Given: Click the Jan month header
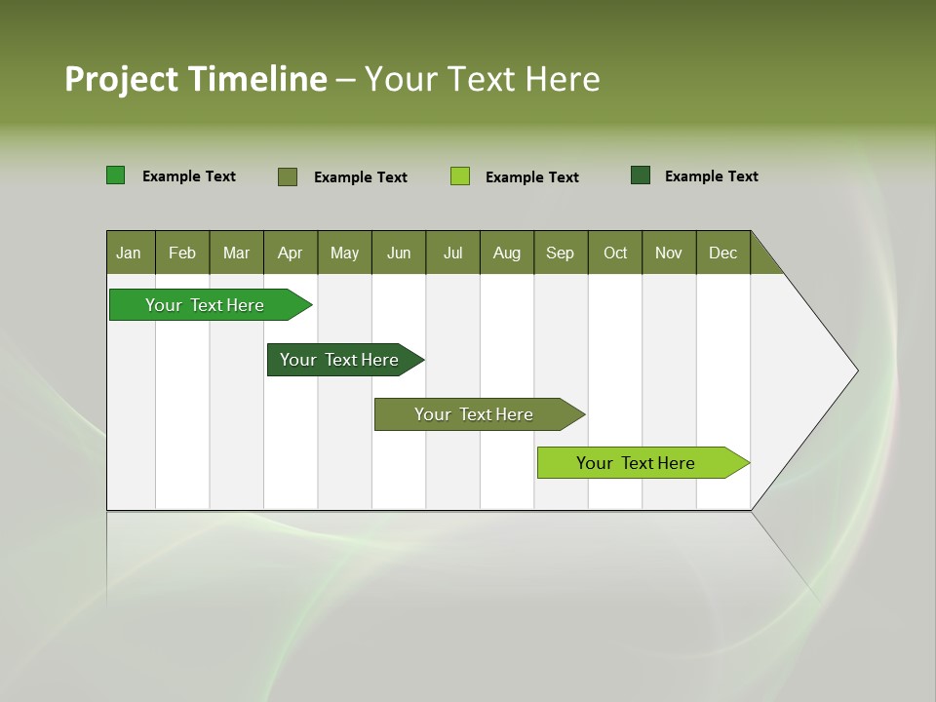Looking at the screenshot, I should coord(129,253).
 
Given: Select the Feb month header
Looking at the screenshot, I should coord(182,253).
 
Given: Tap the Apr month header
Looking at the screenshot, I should coord(291,253).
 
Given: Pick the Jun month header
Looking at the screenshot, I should coord(399,253).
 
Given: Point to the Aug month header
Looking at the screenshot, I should coord(507,253).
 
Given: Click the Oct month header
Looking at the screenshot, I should coord(615,253).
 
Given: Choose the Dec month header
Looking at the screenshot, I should coord(722,253).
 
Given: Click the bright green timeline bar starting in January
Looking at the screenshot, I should coord(205,305).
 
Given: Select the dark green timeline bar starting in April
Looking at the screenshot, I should coord(339,360).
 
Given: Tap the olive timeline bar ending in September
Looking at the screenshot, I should coord(474,414).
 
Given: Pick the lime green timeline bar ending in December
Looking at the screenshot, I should coord(636,463).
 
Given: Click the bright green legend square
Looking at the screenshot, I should coord(116,175).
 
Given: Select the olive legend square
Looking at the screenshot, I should coord(288,176).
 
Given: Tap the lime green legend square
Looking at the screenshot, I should coord(460,176).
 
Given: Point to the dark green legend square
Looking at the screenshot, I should coord(641,175).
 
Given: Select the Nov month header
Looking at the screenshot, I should coord(669,253).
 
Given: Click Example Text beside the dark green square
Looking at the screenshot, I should coord(711,176).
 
